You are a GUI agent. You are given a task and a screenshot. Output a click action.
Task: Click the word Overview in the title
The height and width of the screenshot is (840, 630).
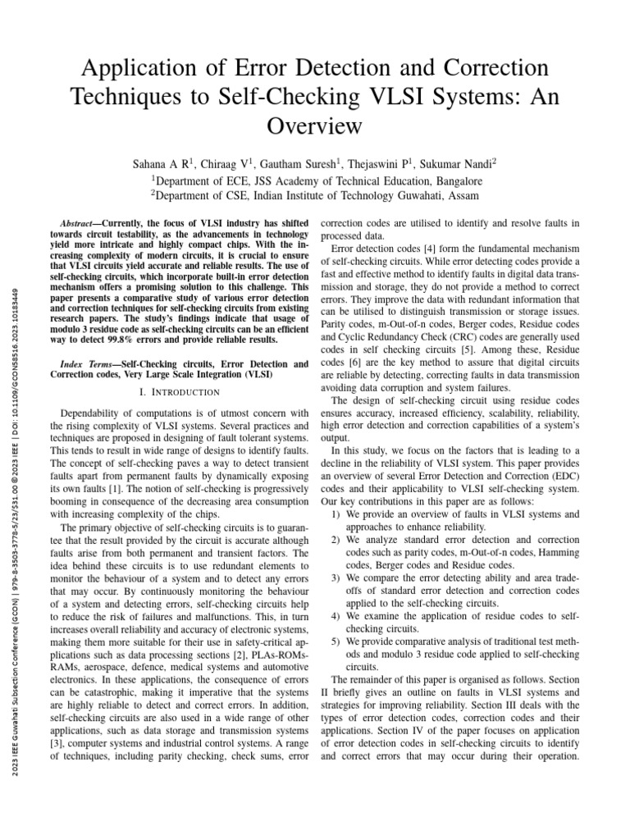tap(315, 126)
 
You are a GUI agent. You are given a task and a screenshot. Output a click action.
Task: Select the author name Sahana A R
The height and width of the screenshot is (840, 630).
tap(164, 163)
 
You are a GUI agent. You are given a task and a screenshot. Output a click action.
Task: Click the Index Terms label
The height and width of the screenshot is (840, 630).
tap(89, 363)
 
